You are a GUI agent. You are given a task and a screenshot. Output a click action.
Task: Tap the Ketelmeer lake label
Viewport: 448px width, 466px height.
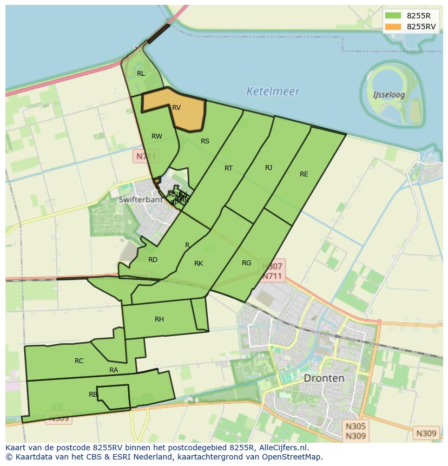pyautogui.click(x=273, y=91)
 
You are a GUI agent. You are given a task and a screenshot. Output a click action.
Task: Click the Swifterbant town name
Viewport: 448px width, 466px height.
pyautogui.click(x=140, y=199)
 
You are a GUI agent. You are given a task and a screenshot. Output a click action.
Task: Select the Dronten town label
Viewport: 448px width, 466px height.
pyautogui.click(x=324, y=378)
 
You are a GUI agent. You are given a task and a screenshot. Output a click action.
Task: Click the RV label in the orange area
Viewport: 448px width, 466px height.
pyautogui.click(x=176, y=108)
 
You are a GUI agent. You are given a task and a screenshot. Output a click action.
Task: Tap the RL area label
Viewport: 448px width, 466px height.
pyautogui.click(x=141, y=74)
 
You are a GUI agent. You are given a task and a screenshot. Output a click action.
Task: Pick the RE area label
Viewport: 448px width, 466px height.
pyautogui.click(x=304, y=174)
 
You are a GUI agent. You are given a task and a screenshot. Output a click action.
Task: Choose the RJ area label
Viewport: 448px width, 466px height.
pyautogui.click(x=268, y=168)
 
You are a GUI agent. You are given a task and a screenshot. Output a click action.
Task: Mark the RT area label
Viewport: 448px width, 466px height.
pyautogui.click(x=228, y=168)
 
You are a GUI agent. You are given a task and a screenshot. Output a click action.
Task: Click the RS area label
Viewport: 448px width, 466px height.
pyautogui.click(x=205, y=141)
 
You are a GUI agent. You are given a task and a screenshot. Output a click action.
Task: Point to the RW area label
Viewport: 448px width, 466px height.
pyautogui.click(x=156, y=136)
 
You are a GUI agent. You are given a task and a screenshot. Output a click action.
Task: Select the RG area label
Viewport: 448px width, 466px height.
pyautogui.click(x=246, y=263)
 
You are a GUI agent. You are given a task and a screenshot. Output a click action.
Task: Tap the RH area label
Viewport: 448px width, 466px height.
pyautogui.click(x=159, y=319)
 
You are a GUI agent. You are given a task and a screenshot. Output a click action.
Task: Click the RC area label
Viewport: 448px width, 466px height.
pyautogui.click(x=79, y=361)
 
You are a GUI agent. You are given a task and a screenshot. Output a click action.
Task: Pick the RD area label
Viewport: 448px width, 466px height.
pyautogui.click(x=153, y=260)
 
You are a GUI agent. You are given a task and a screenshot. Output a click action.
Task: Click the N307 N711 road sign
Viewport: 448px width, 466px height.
pyautogui.click(x=272, y=271)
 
